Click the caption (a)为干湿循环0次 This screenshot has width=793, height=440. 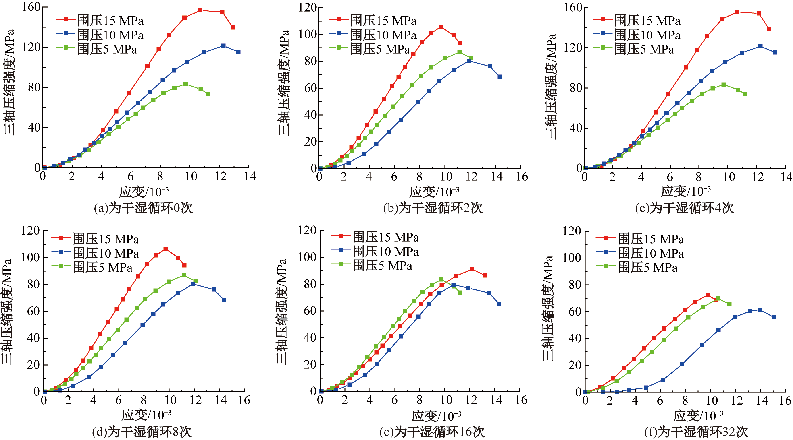(x=143, y=208)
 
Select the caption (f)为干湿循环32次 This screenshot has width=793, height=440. (x=696, y=432)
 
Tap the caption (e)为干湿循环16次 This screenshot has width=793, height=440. (x=432, y=432)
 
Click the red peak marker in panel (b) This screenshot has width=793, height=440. (x=441, y=27)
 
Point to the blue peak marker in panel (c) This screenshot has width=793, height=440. (x=760, y=46)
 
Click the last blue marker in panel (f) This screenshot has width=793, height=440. (x=774, y=317)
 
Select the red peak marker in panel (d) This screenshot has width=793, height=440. (x=166, y=249)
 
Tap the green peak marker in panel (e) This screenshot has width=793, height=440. (x=441, y=279)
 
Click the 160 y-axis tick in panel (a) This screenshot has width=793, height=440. (x=31, y=7)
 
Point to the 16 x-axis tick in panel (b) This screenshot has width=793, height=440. (x=522, y=177)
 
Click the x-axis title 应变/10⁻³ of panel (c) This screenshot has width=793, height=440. (x=686, y=191)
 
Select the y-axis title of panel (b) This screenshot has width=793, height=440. (x=284, y=83)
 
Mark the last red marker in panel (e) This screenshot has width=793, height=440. (x=485, y=275)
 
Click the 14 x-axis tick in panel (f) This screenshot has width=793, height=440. (x=762, y=400)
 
